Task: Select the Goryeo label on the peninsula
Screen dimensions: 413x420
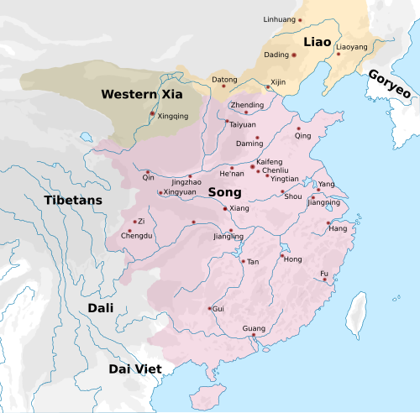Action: (x=391, y=85)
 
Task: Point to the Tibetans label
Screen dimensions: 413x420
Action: (x=73, y=200)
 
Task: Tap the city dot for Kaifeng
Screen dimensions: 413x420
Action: (x=253, y=167)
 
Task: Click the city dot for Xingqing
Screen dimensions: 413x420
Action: (x=152, y=113)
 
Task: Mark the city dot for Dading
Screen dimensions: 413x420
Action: (x=293, y=55)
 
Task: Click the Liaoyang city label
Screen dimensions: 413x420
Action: (x=351, y=47)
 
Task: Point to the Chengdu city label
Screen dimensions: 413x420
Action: (x=138, y=237)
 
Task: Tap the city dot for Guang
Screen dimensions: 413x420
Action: (x=253, y=336)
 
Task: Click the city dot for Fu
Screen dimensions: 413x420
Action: (x=325, y=280)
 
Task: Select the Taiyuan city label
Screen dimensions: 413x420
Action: (x=243, y=124)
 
